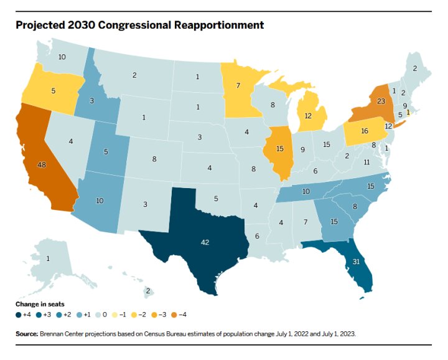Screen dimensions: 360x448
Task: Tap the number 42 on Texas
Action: pos(205,242)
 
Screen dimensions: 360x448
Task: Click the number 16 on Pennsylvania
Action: pos(365,131)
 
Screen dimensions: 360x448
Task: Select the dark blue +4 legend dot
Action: pos(19,315)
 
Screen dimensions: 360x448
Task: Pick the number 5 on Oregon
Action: pos(53,90)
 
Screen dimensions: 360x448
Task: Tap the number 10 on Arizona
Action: pos(99,201)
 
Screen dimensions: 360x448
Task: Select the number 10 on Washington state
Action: pos(62,57)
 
